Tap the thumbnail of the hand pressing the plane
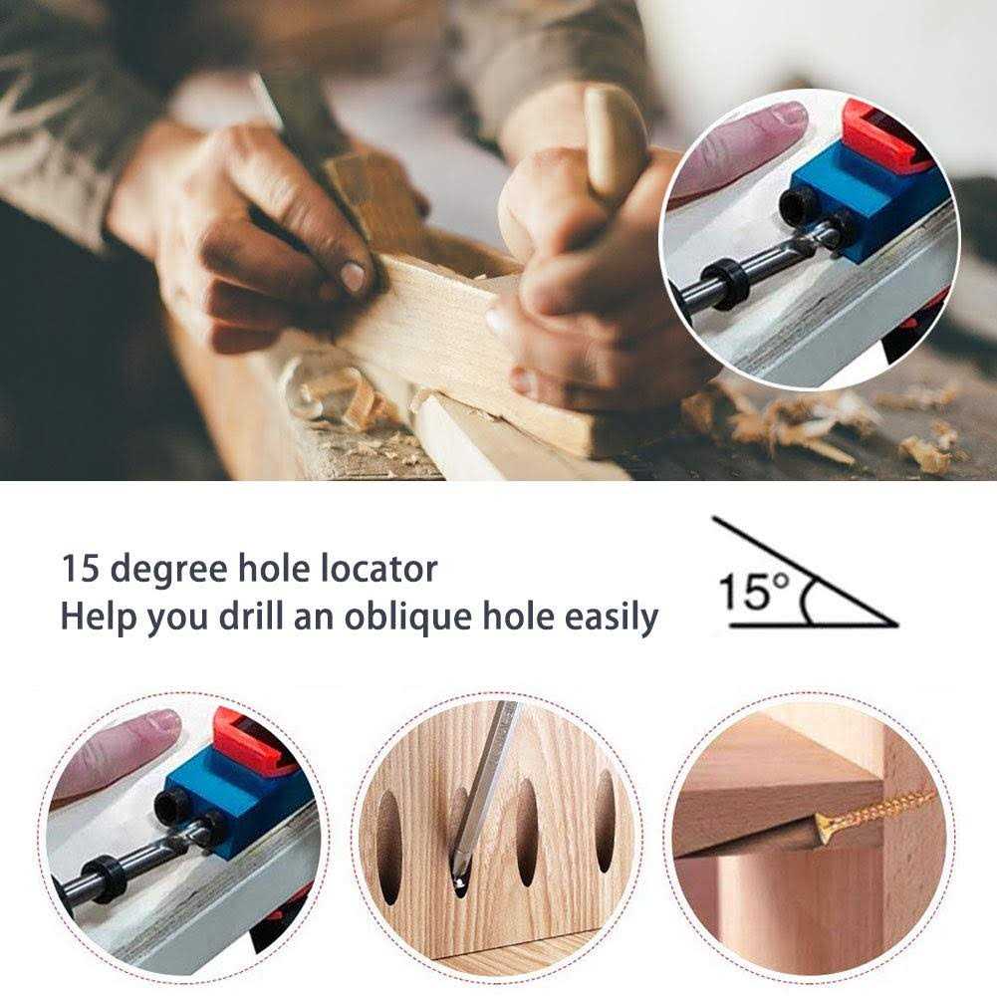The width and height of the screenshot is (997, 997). point(354,276)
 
